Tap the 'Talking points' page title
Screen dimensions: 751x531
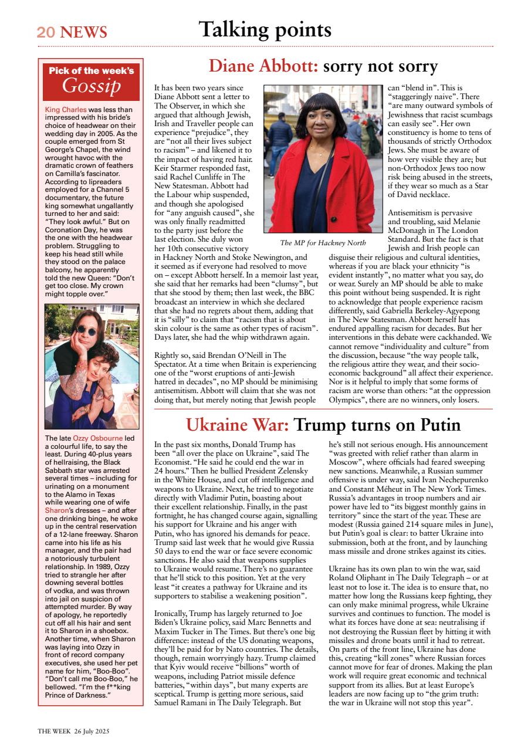pos(265,29)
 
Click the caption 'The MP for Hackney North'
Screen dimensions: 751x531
pos(323,243)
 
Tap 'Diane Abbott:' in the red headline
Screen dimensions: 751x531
pos(263,66)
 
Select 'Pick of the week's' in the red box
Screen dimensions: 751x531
pos(91,71)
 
